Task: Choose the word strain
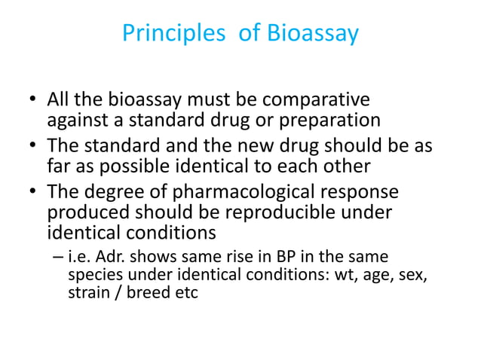[x=89, y=293]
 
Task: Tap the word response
[x=365, y=192]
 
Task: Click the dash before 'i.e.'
[x=59, y=258]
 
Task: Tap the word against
[x=78, y=121]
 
